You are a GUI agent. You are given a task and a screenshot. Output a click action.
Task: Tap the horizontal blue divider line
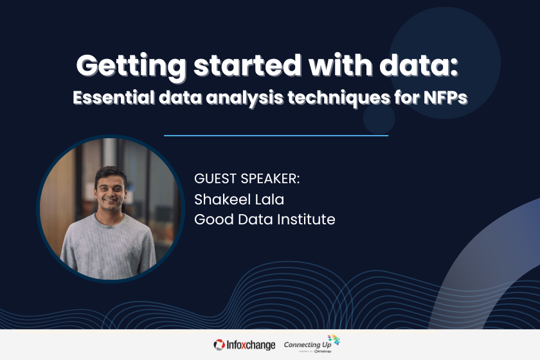pos(276,136)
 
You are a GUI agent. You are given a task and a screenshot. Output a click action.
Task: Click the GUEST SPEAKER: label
pos(247,179)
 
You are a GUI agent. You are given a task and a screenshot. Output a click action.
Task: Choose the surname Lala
pos(270,199)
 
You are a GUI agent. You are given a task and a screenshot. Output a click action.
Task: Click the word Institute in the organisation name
pos(307,219)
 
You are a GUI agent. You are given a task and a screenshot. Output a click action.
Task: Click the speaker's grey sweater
pos(109,248)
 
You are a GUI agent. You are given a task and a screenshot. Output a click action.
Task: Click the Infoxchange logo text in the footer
pos(252,345)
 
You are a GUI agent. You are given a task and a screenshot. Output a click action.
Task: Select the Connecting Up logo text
pos(305,345)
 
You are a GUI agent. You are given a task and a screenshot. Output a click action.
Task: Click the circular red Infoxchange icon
pos(220,345)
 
